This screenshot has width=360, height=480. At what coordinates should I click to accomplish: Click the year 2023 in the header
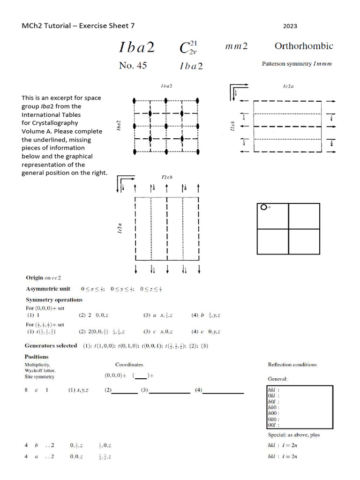pyautogui.click(x=290, y=26)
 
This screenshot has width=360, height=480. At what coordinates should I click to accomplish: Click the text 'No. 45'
pyautogui.click(x=133, y=66)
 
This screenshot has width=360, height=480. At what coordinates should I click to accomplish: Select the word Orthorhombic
pyautogui.click(x=304, y=46)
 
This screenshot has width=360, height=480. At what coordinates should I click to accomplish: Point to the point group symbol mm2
pyautogui.click(x=236, y=46)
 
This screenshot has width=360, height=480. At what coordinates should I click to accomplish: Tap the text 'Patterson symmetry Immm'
pyautogui.click(x=296, y=64)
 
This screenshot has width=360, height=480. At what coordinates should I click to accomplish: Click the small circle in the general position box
pyautogui.click(x=264, y=207)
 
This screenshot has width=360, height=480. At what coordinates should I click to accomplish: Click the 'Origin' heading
pyautogui.click(x=35, y=277)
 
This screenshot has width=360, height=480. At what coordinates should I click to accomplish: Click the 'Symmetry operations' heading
pyautogui.click(x=54, y=300)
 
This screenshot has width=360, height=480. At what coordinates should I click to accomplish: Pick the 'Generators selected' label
pyautogui.click(x=51, y=345)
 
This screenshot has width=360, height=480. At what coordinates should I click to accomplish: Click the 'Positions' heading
pyautogui.click(x=37, y=357)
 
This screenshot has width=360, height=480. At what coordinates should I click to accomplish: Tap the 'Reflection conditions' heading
pyautogui.click(x=292, y=364)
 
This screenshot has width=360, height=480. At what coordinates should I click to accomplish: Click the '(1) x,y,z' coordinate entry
pyautogui.click(x=78, y=390)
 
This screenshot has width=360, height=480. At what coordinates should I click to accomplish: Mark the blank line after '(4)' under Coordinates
pyautogui.click(x=224, y=391)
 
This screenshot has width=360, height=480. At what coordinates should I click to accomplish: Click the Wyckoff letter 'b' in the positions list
pyautogui.click(x=36, y=445)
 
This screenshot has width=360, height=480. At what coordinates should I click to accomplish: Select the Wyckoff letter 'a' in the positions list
pyautogui.click(x=36, y=456)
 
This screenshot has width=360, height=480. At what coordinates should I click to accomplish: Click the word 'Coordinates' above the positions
pyautogui.click(x=129, y=364)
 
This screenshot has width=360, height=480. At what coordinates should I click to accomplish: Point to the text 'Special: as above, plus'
pyautogui.click(x=293, y=435)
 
